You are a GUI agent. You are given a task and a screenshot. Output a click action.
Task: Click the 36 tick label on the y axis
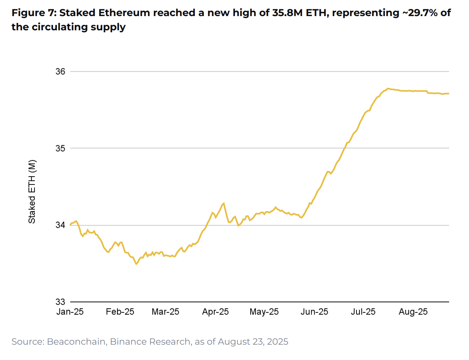[x=60, y=71]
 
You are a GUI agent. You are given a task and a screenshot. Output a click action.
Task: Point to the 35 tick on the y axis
[x=60, y=148]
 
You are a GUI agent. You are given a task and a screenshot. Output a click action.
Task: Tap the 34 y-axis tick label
[x=60, y=225]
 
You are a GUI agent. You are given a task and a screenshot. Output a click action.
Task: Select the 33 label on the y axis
[x=60, y=302]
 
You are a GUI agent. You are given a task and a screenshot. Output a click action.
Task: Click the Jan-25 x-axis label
[x=70, y=312]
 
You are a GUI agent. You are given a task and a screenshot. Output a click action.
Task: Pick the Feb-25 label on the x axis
[x=120, y=312]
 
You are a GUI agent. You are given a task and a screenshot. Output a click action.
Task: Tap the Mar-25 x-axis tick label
[x=165, y=312]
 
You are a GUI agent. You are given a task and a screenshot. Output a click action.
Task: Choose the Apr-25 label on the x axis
[x=215, y=312]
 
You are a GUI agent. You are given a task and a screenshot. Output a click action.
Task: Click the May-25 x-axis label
[x=264, y=312]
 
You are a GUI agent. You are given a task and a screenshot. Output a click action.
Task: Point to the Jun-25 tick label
[x=314, y=312]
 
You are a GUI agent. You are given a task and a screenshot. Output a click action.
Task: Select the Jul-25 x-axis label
[x=363, y=312]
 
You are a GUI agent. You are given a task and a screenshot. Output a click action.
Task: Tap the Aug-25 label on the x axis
[x=413, y=312]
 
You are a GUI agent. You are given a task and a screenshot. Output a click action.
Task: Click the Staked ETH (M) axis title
[x=32, y=192]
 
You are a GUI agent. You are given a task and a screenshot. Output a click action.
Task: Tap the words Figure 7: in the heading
[x=34, y=13]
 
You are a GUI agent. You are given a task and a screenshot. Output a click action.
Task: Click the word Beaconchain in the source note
[x=76, y=342]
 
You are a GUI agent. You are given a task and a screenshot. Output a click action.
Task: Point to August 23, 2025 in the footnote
[x=253, y=342]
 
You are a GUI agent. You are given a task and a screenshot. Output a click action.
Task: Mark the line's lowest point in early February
[x=137, y=264]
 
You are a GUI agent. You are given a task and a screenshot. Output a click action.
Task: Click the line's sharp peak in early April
[x=224, y=203]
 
